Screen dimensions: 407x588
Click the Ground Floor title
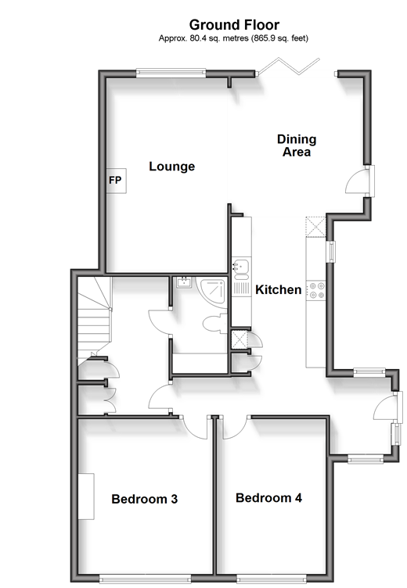click(234, 25)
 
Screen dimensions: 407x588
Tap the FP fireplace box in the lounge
click(116, 181)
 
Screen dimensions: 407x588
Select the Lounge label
click(172, 166)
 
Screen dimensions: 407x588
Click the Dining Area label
click(297, 145)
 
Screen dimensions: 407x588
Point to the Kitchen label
click(278, 289)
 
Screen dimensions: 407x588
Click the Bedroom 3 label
click(145, 499)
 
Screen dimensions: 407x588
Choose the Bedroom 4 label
click(268, 497)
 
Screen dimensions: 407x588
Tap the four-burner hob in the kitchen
click(315, 291)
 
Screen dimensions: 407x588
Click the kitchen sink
click(241, 267)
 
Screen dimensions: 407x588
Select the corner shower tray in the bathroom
click(212, 292)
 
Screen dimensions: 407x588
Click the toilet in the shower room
click(215, 324)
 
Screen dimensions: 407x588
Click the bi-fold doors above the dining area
click(288, 66)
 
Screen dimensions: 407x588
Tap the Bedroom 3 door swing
click(194, 427)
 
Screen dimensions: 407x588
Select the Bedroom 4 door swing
click(236, 427)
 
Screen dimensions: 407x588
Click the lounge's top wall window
click(171, 73)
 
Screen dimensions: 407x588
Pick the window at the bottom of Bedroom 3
click(145, 579)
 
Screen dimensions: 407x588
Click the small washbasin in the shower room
click(184, 282)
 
